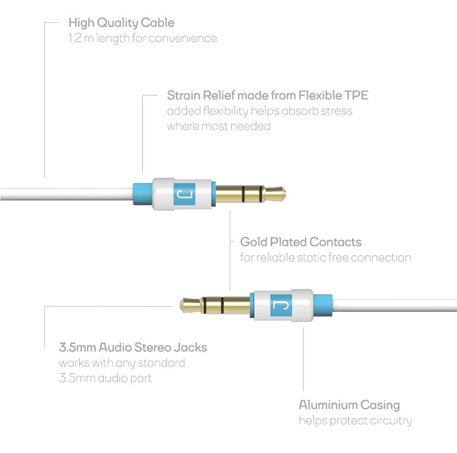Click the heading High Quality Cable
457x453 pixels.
click(121, 22)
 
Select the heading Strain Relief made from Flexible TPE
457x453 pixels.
click(267, 96)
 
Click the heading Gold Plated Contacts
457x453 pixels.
click(301, 242)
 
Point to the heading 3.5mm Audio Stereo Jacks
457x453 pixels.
click(133, 347)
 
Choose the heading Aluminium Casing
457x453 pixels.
click(349, 405)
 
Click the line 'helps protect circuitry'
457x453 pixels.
click(355, 421)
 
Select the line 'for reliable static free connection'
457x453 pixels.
click(325, 257)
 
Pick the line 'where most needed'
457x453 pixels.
click(218, 126)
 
